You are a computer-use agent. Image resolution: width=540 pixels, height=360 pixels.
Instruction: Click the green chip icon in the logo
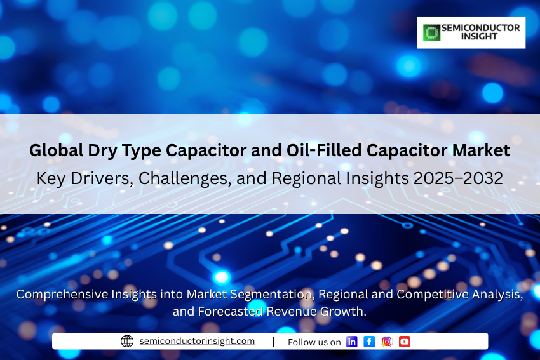pos(431,32)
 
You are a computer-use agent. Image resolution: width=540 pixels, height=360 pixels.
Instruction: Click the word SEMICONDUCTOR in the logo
pos(481,28)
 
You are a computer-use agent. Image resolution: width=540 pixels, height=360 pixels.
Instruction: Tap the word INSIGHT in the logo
pos(480,36)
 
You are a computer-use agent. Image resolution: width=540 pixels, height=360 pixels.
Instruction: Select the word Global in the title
pos(57,150)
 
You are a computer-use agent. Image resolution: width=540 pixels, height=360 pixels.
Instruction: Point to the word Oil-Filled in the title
pos(324,150)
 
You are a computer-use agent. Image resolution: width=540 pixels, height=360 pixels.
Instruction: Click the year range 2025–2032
pos(459,178)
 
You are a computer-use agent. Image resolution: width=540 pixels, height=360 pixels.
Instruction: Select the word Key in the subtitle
pos(51,179)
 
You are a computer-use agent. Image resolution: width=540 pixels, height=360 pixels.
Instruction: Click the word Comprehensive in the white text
pos(62,295)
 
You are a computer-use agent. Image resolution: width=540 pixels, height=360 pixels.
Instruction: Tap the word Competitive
pos(433,295)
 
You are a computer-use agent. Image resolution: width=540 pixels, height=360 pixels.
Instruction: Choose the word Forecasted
pos(230,312)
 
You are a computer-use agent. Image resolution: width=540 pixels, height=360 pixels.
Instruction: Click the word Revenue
pos(292,312)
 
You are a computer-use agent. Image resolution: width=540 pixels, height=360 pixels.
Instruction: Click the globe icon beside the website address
pos(127,341)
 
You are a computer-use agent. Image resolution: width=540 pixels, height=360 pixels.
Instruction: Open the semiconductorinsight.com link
pos(197,341)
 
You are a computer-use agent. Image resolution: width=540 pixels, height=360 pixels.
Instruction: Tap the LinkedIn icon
pos(351,342)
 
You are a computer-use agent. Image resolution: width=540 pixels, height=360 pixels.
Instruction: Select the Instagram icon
pos(387,342)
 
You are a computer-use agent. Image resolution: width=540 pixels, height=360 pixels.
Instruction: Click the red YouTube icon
pos(405,342)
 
